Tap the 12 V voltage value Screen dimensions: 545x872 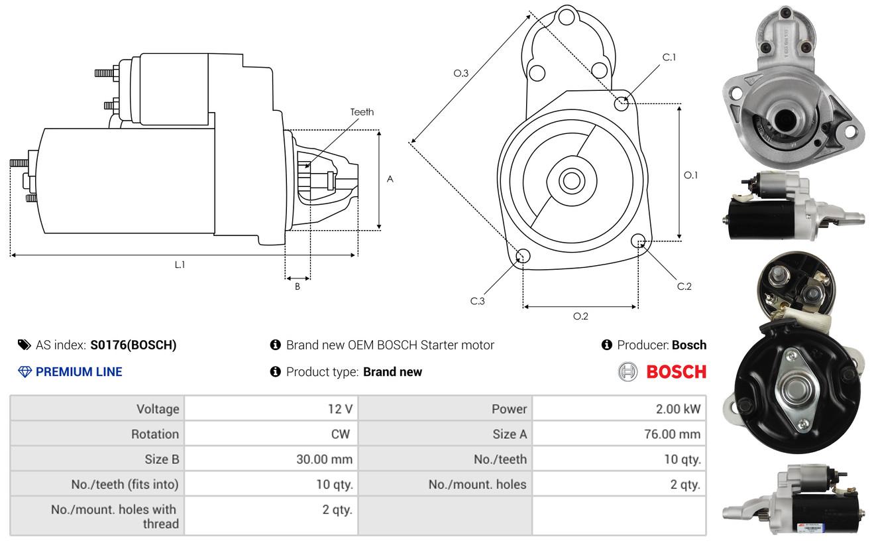coord(340,409)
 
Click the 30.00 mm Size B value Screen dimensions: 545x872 coord(324,459)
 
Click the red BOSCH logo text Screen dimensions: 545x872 coord(676,372)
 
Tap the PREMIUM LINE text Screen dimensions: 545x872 coord(79,372)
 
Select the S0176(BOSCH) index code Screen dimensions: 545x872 coord(133,345)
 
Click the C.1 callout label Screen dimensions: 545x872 coord(669,57)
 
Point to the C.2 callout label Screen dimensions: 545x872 coord(684,286)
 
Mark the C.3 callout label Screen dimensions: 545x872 coord(477,301)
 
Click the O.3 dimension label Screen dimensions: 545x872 coord(461,74)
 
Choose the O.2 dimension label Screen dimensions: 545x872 coord(580,316)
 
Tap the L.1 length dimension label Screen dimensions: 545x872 coord(180,265)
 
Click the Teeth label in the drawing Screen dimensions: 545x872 coord(362,111)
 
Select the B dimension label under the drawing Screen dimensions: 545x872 coord(298,287)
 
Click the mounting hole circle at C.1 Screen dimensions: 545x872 coord(622,103)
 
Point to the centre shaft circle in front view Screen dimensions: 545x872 coord(569,180)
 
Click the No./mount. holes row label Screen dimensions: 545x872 coord(477,484)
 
